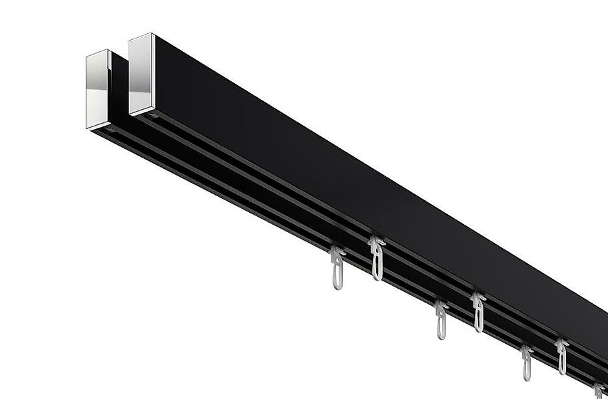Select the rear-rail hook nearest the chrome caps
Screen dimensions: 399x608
point(378,258)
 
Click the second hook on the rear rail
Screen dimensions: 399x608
point(478,312)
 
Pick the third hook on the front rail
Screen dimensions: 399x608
point(527,363)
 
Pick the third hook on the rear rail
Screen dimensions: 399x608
point(562,356)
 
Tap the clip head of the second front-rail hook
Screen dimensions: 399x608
point(440,307)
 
